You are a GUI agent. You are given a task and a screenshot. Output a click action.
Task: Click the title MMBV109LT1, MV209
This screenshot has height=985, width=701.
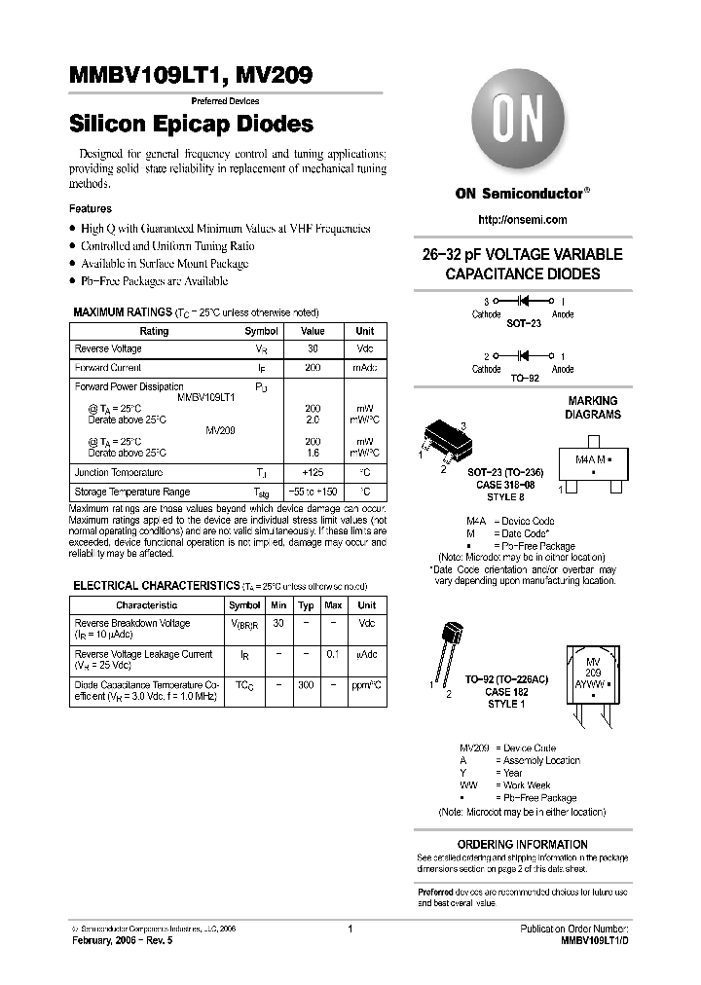190,76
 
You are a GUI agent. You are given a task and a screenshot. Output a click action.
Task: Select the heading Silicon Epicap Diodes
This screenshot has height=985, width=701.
191,125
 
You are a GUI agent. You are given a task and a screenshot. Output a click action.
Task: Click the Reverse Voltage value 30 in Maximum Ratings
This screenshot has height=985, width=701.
314,348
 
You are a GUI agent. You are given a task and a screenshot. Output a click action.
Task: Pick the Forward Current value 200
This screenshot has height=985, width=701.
314,368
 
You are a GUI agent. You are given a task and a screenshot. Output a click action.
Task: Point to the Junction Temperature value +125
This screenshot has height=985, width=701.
314,472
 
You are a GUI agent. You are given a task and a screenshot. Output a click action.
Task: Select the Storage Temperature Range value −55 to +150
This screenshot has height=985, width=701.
314,492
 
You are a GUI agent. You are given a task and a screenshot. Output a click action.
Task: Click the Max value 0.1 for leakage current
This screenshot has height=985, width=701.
333,654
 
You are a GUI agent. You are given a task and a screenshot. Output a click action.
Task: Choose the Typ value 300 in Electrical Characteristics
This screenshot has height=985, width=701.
306,685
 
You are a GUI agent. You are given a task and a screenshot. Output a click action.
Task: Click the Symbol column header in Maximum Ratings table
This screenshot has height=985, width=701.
261,331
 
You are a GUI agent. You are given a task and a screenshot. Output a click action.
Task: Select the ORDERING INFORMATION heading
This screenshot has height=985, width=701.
522,844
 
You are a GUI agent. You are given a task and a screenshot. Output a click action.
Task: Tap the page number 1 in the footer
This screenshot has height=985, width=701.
350,929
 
